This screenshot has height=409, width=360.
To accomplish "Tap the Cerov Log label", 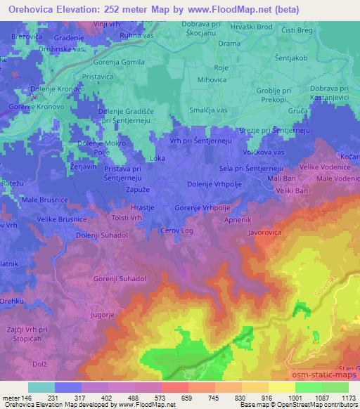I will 177,231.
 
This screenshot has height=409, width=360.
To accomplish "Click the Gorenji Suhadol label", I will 120,279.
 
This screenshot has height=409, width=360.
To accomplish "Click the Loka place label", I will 157,159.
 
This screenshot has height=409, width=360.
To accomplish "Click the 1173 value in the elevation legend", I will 347,397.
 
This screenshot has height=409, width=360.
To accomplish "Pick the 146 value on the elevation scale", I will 26,397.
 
